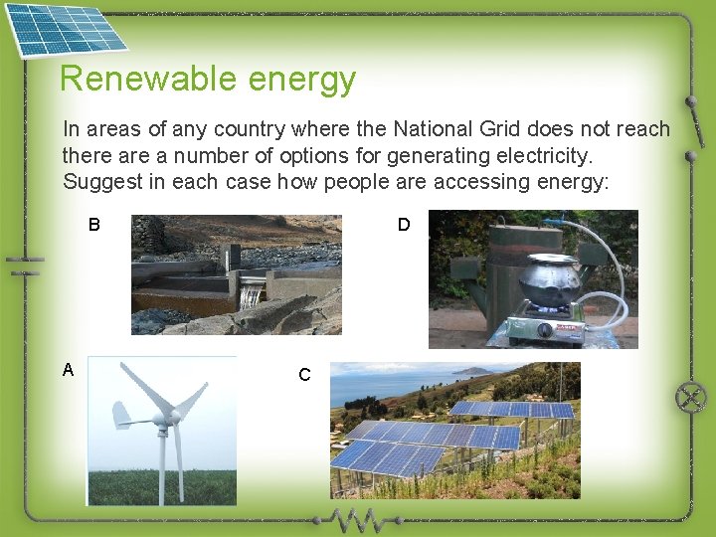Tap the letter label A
click(68, 370)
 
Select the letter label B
click(93, 225)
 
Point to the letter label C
click(304, 375)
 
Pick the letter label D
click(404, 225)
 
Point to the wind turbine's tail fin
click(121, 414)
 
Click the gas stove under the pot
click(547, 328)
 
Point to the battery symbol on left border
click(24, 265)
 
